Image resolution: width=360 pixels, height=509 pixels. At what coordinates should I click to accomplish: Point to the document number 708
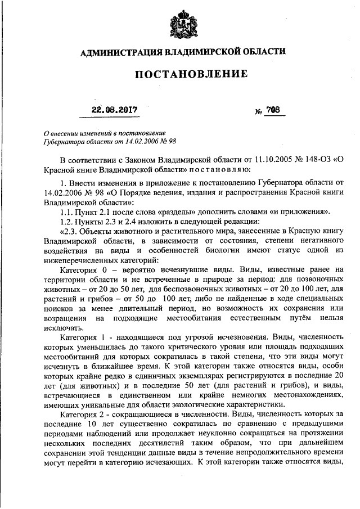pyautogui.click(x=273, y=110)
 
